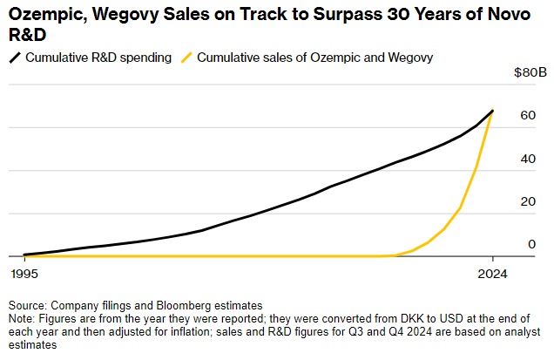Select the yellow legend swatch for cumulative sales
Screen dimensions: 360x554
[x=186, y=58]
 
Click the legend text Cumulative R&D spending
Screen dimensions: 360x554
[x=97, y=58]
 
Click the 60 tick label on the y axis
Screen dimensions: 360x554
[x=526, y=115]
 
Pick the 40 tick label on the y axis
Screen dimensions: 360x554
[x=526, y=159]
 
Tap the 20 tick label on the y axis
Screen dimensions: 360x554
[x=526, y=201]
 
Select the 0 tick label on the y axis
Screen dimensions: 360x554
[x=530, y=244]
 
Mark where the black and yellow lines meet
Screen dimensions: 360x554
[x=493, y=111]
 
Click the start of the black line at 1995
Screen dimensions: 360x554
[x=24, y=255]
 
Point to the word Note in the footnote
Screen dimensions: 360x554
[x=22, y=318]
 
